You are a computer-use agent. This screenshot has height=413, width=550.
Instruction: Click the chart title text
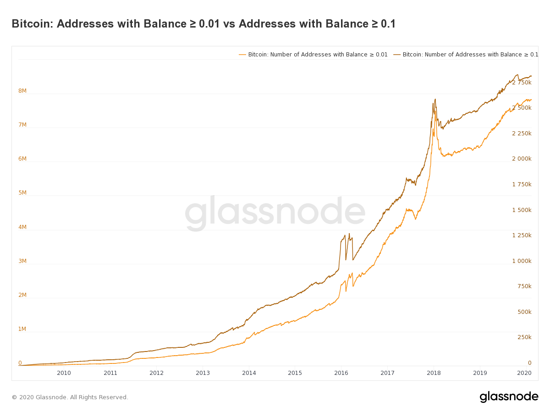click(203, 24)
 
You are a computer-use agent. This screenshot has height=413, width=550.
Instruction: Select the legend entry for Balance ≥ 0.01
click(313, 55)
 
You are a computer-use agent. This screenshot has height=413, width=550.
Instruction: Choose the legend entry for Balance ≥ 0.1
click(466, 55)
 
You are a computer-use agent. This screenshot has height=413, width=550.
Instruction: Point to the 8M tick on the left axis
click(22, 91)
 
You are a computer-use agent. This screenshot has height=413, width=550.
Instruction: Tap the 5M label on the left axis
click(22, 193)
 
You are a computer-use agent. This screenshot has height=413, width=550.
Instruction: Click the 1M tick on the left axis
click(22, 329)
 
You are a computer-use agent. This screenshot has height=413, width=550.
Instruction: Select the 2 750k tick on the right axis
click(522, 83)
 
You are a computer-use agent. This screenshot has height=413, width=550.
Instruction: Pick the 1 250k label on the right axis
click(522, 235)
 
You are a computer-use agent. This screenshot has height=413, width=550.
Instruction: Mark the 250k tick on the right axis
click(524, 337)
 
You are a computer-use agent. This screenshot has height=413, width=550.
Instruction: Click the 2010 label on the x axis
click(64, 373)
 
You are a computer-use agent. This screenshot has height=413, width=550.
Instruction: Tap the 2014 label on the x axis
click(249, 373)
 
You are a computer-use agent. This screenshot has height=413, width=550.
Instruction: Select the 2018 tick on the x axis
click(434, 373)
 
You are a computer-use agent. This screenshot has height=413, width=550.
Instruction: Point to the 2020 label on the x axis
click(524, 373)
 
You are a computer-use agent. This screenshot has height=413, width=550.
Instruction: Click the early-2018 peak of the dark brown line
click(435, 99)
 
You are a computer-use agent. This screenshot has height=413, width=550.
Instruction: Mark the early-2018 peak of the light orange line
click(435, 111)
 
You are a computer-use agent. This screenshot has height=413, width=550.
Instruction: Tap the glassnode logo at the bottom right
click(509, 397)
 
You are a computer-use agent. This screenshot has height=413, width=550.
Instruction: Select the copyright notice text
click(70, 397)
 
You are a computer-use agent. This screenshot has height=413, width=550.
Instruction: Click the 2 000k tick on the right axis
click(522, 159)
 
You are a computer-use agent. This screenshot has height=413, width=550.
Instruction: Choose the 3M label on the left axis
click(22, 261)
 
